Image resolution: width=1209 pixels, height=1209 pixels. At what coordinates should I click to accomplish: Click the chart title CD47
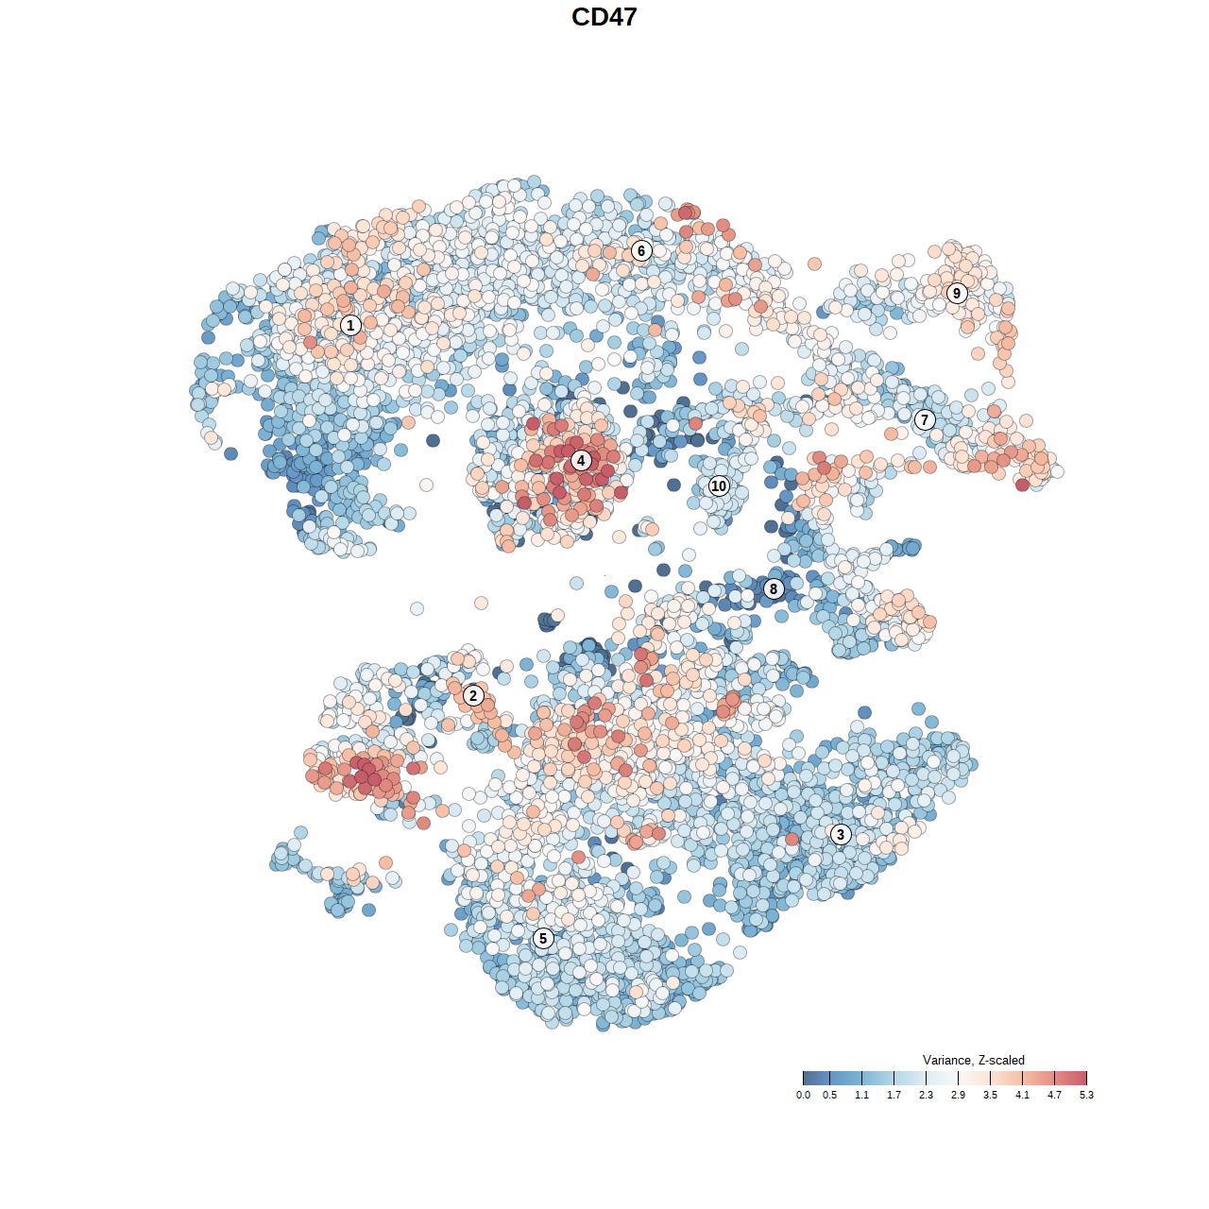pos(604,17)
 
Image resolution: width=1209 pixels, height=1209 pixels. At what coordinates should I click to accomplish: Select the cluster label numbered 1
pos(350,326)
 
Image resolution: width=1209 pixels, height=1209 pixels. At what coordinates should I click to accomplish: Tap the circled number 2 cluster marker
pos(473,696)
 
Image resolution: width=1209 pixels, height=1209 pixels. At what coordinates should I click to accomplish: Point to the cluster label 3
pos(840,834)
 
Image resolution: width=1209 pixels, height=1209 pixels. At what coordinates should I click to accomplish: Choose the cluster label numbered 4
pos(581,461)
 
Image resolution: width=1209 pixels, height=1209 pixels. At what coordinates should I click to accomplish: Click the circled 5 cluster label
pos(542,939)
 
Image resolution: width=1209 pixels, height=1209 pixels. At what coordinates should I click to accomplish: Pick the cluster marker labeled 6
pos(641,250)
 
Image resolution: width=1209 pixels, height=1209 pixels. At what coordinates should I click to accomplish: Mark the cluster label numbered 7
pos(925,420)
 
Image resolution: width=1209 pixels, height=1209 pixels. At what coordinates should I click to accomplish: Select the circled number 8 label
pos(774,589)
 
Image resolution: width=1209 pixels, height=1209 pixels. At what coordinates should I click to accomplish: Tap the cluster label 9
pos(957,293)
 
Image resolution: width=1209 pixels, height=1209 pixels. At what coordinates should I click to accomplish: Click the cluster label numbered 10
pos(719,486)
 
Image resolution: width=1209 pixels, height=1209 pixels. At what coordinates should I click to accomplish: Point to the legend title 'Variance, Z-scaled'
pos(973,1060)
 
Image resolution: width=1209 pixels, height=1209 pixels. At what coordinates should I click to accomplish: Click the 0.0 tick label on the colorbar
pos(803,1096)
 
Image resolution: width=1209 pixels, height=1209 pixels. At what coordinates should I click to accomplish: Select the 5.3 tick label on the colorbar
pos(1086,1096)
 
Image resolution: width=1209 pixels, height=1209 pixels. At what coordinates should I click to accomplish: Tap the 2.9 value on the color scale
pos(958,1096)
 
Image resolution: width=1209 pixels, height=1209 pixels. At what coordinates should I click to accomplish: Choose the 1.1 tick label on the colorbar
pos(861,1096)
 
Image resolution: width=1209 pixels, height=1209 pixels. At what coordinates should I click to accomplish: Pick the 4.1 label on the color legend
pos(1022,1096)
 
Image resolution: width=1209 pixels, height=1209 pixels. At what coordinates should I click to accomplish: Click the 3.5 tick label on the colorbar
pos(990,1096)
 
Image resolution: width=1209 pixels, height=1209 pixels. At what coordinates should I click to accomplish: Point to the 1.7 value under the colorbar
pos(894,1096)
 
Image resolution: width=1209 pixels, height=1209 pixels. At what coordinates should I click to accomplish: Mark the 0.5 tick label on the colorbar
pos(829,1096)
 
